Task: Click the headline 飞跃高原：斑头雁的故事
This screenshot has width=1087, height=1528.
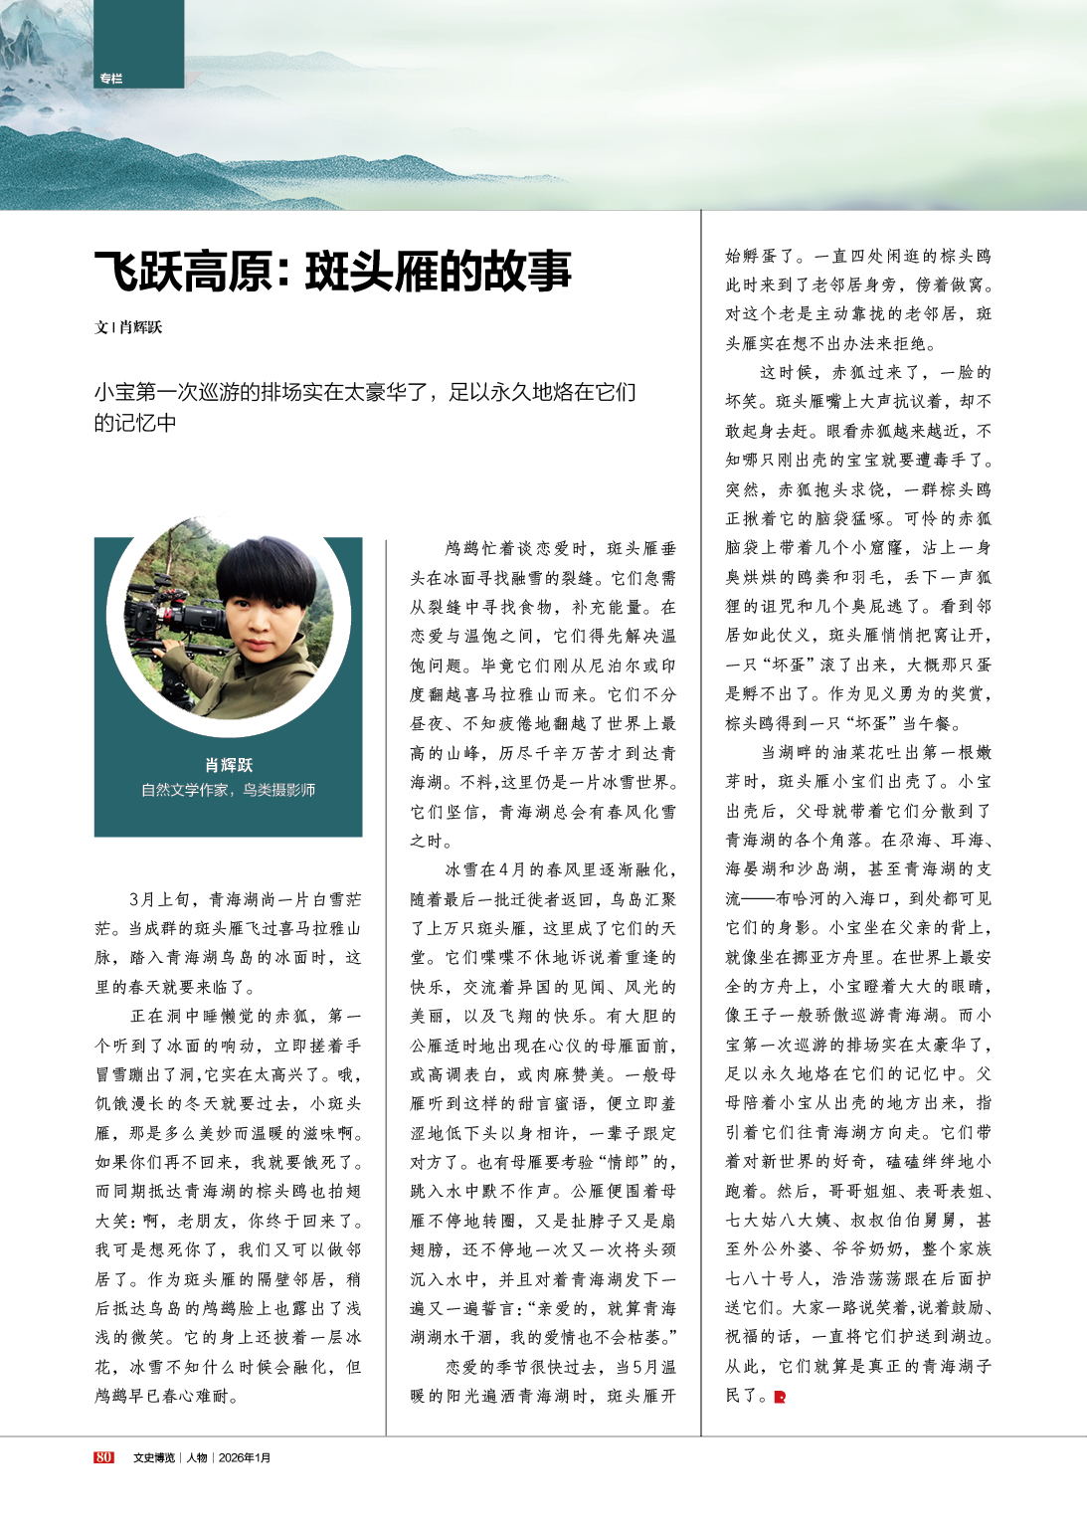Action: point(333,272)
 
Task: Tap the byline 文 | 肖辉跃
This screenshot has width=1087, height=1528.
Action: point(128,327)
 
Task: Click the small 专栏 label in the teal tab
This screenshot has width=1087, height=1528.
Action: point(110,79)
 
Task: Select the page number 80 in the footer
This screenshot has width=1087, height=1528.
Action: point(103,1457)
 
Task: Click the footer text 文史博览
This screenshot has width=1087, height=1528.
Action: point(154,1457)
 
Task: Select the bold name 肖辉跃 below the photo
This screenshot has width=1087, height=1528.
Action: point(229,765)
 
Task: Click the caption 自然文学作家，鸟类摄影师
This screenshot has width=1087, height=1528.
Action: point(229,790)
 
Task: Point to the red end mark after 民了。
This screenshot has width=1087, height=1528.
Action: point(780,1397)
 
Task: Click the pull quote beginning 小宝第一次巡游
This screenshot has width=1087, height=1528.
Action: point(365,407)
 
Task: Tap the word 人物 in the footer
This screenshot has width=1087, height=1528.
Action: point(196,1457)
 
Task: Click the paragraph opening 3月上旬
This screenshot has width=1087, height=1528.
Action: point(229,943)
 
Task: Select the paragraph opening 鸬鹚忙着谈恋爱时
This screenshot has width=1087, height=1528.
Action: point(543,693)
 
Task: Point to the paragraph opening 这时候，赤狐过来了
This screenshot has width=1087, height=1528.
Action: point(858,547)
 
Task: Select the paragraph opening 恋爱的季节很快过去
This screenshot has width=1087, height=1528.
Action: point(543,1382)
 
